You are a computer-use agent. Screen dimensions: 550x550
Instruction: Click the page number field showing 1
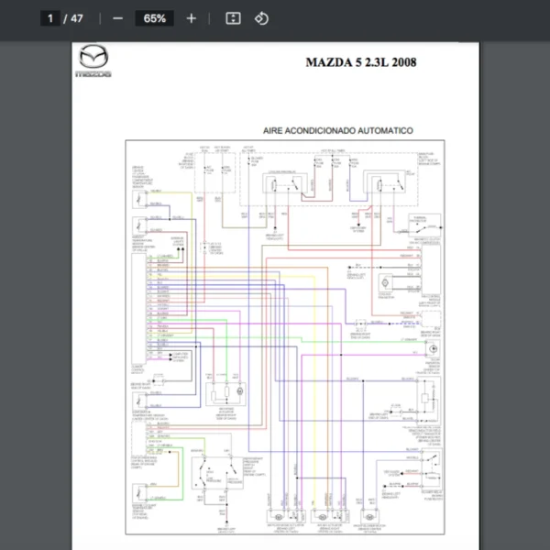coord(50,18)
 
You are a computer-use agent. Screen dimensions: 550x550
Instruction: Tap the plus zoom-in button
coord(191,18)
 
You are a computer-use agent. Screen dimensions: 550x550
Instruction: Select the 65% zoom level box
coord(154,18)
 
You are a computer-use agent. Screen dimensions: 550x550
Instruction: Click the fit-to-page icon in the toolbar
coord(233,18)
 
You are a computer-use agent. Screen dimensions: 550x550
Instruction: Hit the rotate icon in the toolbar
coord(260,18)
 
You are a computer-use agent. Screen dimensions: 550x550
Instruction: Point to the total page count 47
coord(76,18)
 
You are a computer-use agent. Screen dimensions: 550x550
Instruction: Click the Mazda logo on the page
coord(93,60)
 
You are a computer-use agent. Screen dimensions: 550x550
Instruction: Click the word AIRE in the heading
coord(276,131)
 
